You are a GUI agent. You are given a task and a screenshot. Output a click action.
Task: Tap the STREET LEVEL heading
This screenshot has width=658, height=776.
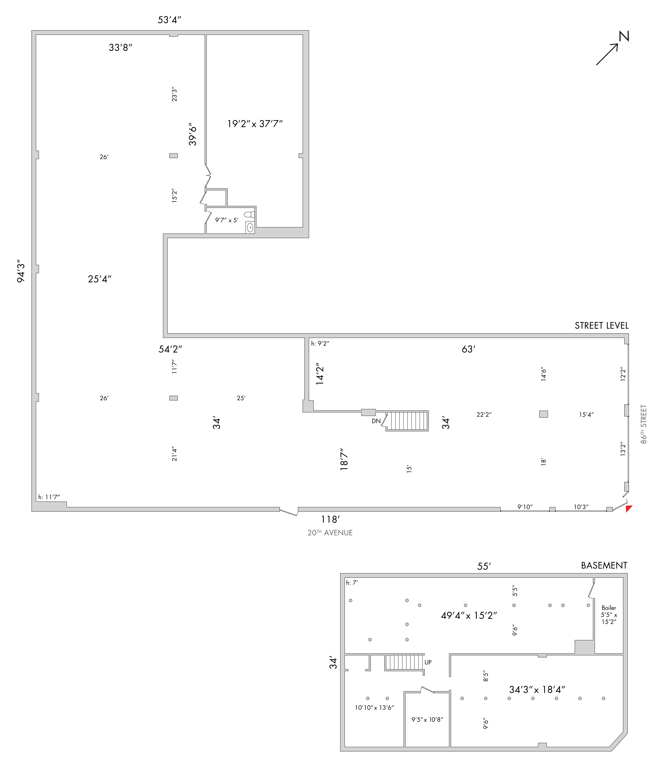coord(601,326)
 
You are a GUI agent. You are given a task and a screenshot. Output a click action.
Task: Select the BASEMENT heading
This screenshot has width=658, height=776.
coord(604,565)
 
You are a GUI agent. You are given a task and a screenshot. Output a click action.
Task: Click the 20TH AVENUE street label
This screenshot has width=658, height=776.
coord(330,533)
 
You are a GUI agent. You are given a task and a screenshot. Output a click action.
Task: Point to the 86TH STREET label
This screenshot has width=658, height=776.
coord(643,424)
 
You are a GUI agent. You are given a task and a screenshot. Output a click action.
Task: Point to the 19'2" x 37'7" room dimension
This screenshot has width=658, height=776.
coord(255,124)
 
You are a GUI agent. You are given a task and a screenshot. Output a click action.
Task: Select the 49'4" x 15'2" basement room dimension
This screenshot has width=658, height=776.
coord(469,615)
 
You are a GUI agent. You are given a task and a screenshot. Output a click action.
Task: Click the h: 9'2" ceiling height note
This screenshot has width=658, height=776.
coord(320,343)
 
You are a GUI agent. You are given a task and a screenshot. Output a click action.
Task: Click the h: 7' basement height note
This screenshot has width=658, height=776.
coord(352,583)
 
